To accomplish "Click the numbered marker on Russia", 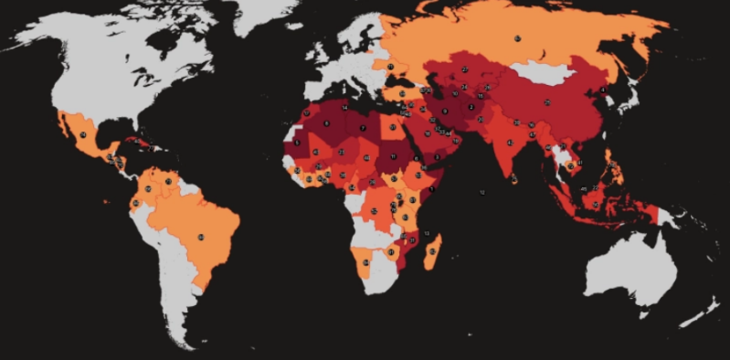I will coord(516,38).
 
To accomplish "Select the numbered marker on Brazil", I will coord(201,238).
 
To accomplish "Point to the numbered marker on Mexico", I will coord(83,134).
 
